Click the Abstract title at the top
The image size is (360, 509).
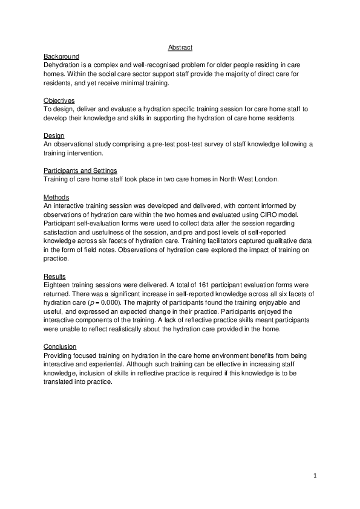coord(180,48)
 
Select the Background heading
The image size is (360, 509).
coord(61,56)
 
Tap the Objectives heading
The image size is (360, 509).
coord(59,100)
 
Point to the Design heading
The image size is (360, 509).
coord(54,135)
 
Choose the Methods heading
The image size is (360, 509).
coord(56,198)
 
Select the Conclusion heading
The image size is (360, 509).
coord(60,346)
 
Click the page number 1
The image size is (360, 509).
coord(315,476)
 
